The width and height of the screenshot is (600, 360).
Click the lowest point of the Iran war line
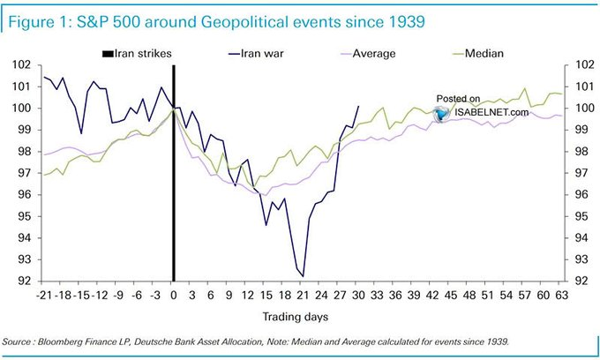303,276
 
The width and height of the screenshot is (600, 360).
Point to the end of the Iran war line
358,106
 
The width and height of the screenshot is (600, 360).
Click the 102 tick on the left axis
20,65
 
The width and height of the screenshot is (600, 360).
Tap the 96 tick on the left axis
20,195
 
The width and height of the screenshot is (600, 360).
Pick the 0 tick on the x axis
174,295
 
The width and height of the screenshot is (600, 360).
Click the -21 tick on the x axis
44,295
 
